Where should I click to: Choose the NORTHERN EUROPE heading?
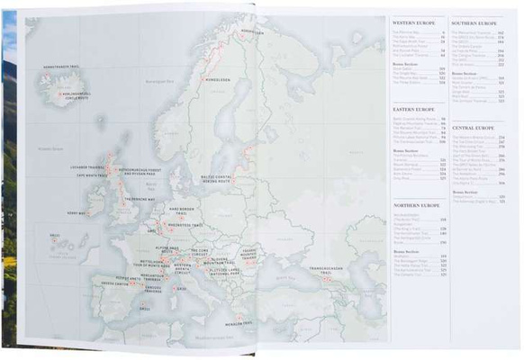[x=414, y=206]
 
